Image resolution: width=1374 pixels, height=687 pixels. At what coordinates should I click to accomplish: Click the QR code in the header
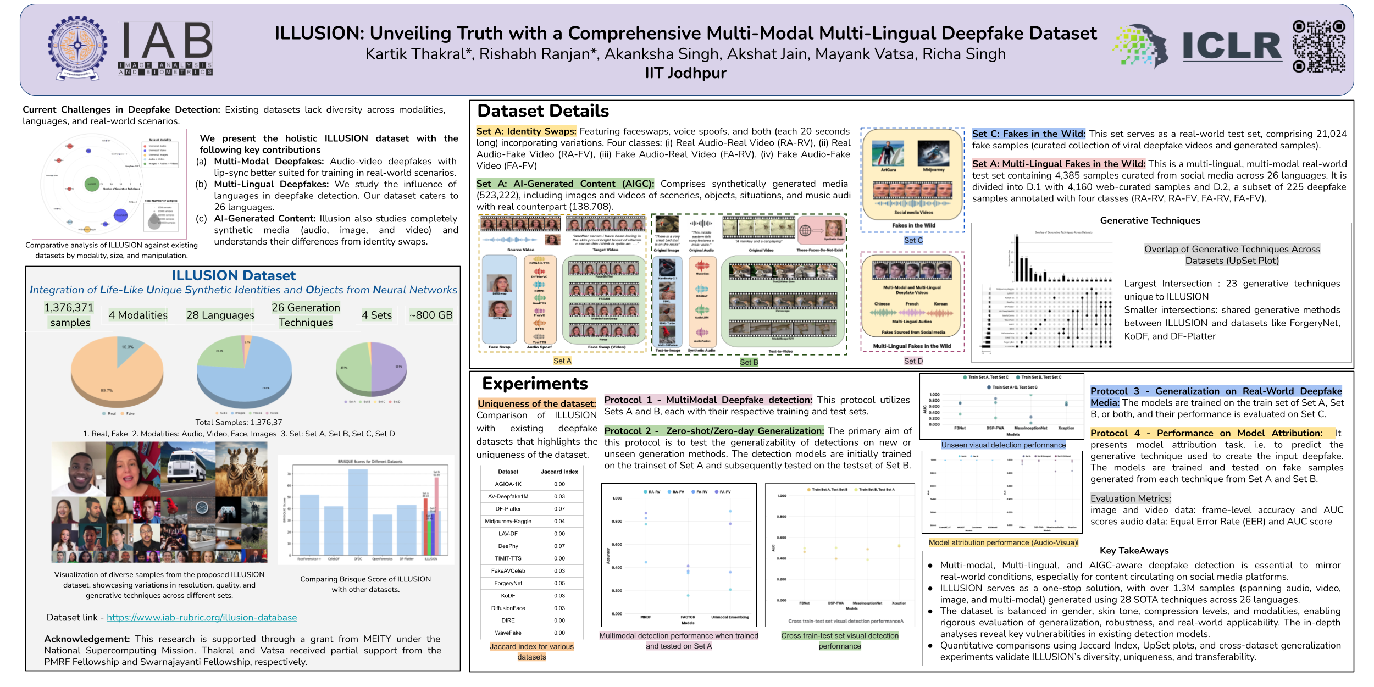pyautogui.click(x=1318, y=47)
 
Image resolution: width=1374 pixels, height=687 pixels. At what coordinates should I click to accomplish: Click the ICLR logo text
pyautogui.click(x=1232, y=47)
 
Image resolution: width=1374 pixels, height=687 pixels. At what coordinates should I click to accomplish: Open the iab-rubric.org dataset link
pyautogui.click(x=202, y=618)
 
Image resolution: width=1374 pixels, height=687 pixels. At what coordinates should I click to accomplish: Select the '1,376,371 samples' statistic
pyautogui.click(x=69, y=315)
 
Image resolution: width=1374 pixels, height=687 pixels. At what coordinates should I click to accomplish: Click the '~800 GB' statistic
pyautogui.click(x=431, y=315)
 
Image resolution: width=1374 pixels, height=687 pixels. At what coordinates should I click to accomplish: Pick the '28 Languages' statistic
pyautogui.click(x=220, y=315)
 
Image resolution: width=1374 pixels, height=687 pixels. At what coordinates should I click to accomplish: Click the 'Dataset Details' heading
pyautogui.click(x=543, y=111)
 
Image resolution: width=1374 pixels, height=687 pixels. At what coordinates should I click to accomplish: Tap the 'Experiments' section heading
pyautogui.click(x=535, y=384)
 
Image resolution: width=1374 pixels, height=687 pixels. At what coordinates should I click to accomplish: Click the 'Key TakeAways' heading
pyautogui.click(x=1134, y=551)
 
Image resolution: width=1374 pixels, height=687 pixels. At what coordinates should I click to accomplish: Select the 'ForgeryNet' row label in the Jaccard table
pyautogui.click(x=508, y=583)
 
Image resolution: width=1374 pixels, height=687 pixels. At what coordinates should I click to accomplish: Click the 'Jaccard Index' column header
pyautogui.click(x=559, y=472)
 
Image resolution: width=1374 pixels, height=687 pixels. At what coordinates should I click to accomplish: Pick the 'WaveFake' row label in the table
pyautogui.click(x=508, y=633)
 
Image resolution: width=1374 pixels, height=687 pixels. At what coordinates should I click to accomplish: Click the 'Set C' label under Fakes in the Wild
pyautogui.click(x=913, y=240)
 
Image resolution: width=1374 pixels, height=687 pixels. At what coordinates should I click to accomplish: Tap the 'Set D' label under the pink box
pyautogui.click(x=913, y=361)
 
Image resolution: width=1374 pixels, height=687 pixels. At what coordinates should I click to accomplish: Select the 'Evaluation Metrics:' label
pyautogui.click(x=1131, y=498)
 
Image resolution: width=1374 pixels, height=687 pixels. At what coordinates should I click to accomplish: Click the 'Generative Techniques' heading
pyautogui.click(x=1150, y=220)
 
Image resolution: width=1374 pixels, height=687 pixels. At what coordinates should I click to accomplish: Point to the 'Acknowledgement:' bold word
pyautogui.click(x=87, y=639)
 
